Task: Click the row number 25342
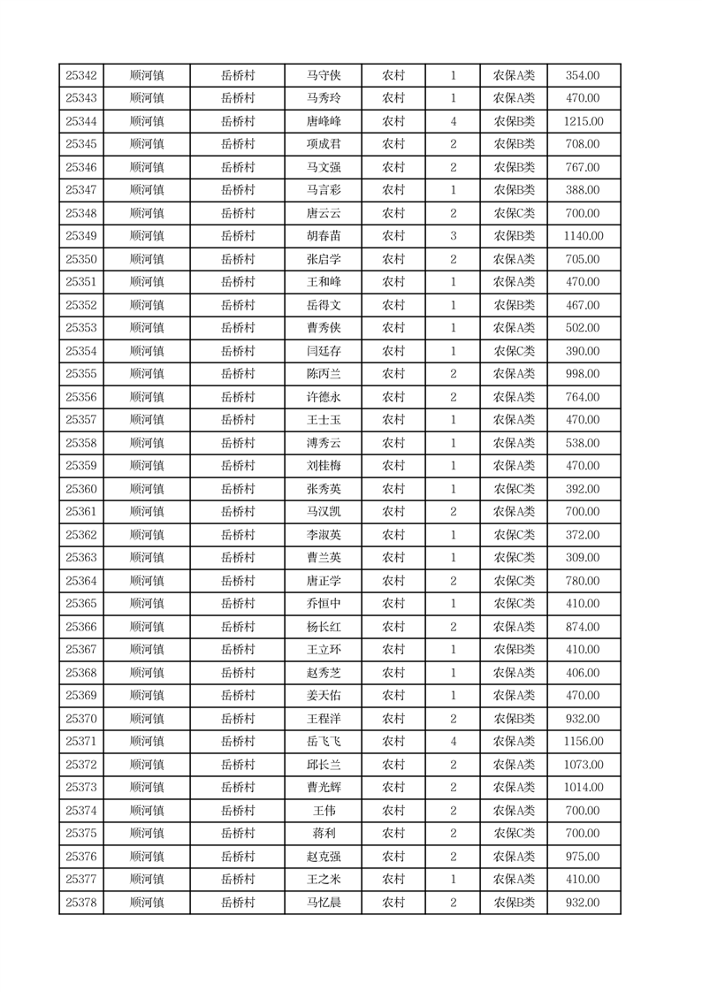point(81,75)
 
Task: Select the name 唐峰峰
point(323,121)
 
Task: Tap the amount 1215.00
point(583,121)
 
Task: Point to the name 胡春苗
point(323,236)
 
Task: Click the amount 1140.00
point(583,236)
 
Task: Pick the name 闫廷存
point(323,351)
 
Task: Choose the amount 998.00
point(583,374)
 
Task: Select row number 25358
point(81,443)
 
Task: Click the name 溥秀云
point(323,443)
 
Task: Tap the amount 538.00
point(583,443)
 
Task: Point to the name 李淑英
point(323,535)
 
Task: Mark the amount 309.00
point(583,558)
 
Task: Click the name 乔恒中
point(323,604)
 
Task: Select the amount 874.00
point(583,627)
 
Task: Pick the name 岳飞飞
point(323,742)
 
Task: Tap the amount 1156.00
point(583,742)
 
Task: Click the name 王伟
point(323,811)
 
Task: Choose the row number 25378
point(81,903)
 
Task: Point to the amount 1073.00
point(583,765)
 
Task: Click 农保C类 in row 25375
point(514,834)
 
